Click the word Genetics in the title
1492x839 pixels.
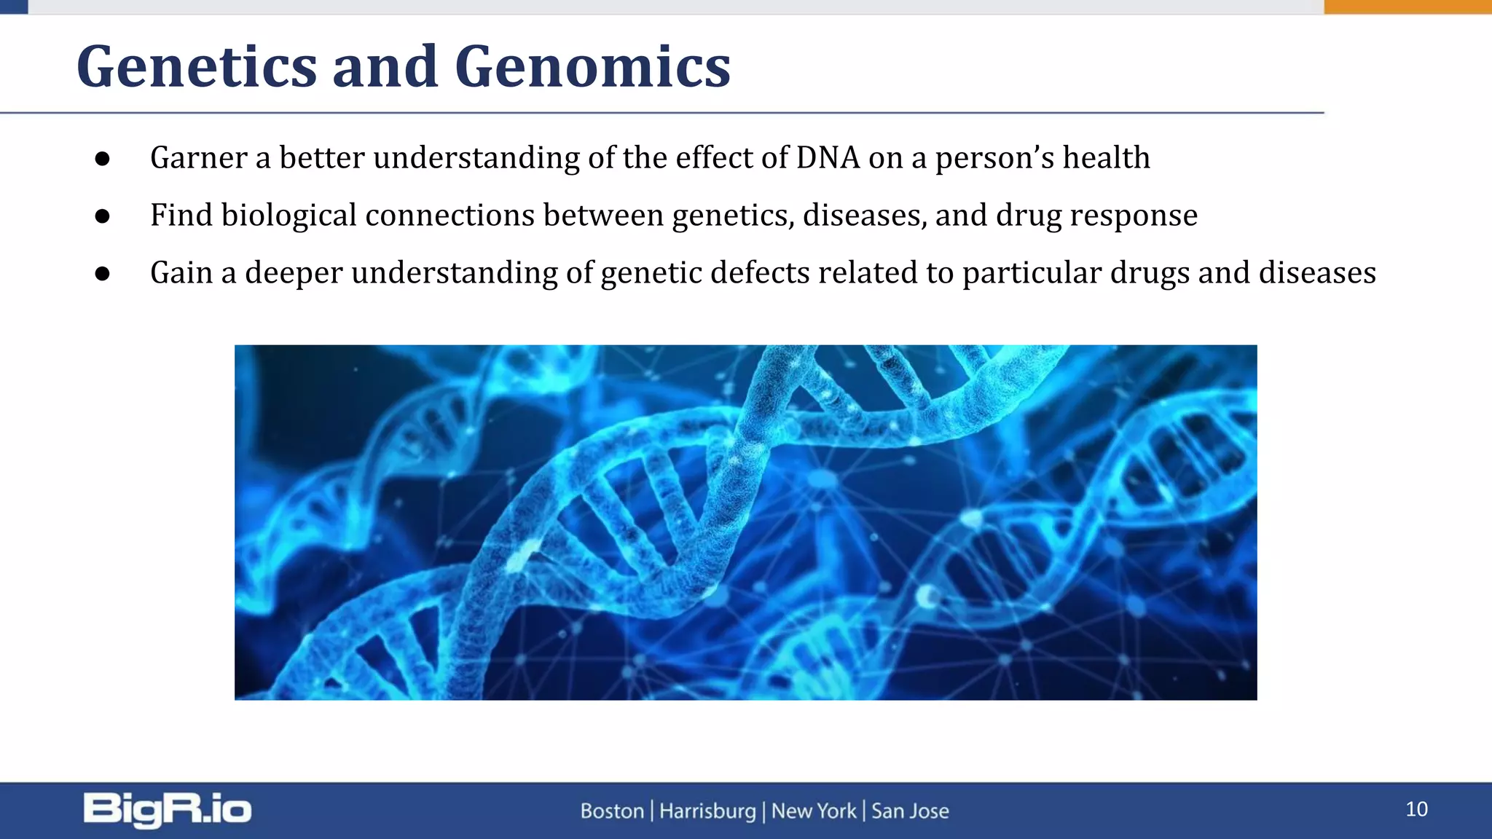click(x=197, y=67)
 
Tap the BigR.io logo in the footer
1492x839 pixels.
click(x=168, y=810)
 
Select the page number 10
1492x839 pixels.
click(x=1416, y=809)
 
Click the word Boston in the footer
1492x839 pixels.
click(x=612, y=811)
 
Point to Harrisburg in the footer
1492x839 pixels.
click(x=707, y=811)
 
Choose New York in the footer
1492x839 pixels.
click(x=814, y=811)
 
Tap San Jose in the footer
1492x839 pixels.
click(x=910, y=811)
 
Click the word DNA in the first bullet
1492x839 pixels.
click(x=828, y=158)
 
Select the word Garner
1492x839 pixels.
click(x=198, y=158)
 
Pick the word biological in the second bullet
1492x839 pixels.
click(x=288, y=216)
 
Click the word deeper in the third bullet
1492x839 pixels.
click(x=293, y=273)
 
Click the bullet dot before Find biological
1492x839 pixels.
click(x=103, y=216)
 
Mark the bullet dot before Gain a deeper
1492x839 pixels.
click(x=103, y=274)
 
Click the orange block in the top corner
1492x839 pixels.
click(x=1407, y=7)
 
